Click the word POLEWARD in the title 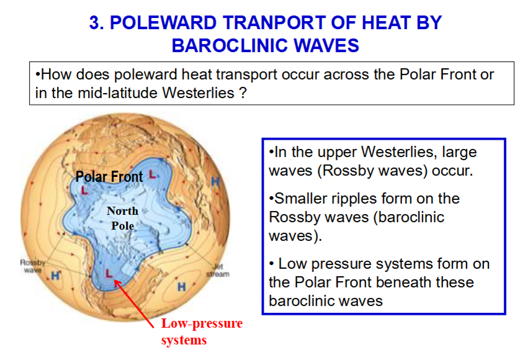click(x=163, y=23)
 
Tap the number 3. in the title click(x=97, y=23)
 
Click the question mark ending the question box click(x=243, y=92)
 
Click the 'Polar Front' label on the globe click(x=109, y=176)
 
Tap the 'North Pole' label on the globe click(x=122, y=218)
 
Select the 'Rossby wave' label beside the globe click(x=32, y=266)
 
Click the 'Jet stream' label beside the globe click(x=218, y=270)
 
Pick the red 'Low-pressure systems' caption click(x=202, y=331)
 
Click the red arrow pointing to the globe click(x=134, y=304)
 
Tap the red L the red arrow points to click(x=109, y=274)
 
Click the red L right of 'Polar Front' click(x=152, y=174)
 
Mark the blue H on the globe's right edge click(x=215, y=181)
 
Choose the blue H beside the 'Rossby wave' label click(x=55, y=276)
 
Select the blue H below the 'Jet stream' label click(x=181, y=287)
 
